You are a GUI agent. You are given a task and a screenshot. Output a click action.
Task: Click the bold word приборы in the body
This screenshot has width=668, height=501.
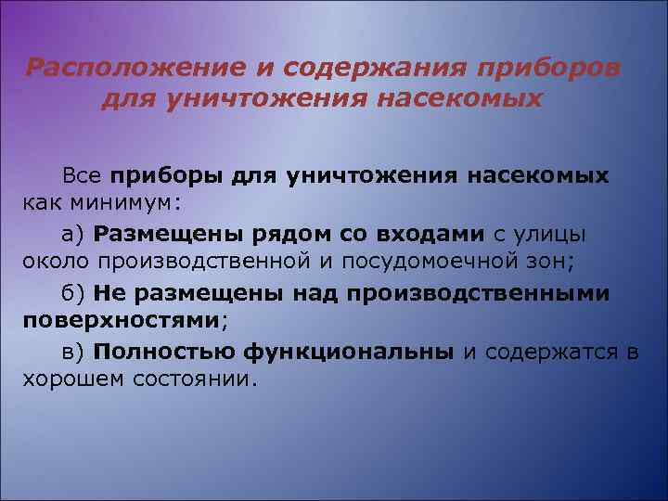[165, 175]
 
